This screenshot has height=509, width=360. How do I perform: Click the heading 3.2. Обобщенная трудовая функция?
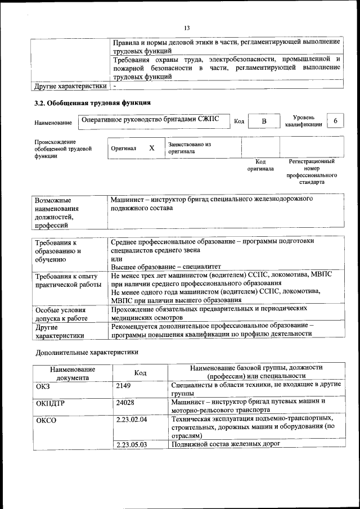(x=92, y=103)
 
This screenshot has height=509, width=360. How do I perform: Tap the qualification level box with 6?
(x=335, y=121)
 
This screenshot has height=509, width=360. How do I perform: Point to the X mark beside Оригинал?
(x=151, y=148)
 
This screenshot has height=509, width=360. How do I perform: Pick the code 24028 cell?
(x=125, y=402)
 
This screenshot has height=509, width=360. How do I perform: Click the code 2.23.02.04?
(x=131, y=420)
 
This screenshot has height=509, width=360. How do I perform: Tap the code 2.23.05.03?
(x=131, y=444)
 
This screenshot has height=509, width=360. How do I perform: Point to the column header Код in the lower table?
(x=140, y=373)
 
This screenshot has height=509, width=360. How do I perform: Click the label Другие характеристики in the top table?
(x=70, y=87)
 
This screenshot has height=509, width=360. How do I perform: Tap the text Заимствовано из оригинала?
(x=189, y=148)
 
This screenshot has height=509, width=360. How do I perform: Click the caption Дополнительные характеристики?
(x=87, y=353)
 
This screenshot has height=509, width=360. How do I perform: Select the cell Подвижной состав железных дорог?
(x=226, y=444)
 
